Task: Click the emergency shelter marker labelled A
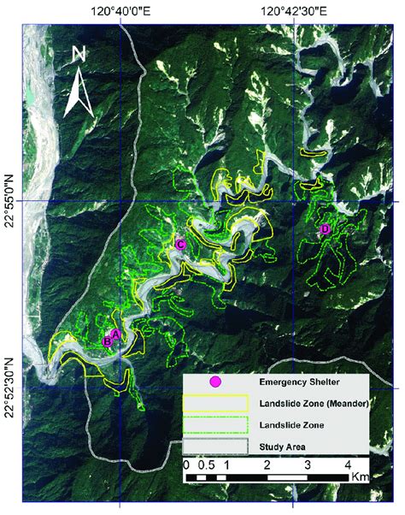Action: click(116, 335)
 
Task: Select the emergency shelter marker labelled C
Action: click(180, 245)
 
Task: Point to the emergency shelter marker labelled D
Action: click(325, 230)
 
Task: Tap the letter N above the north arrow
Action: click(79, 54)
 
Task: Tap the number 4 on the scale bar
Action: click(346, 465)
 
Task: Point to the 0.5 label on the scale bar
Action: click(206, 465)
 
